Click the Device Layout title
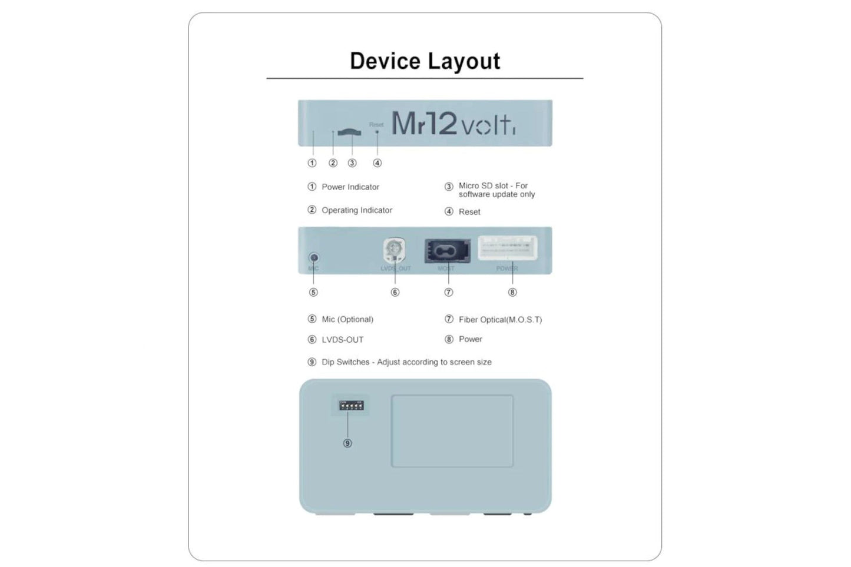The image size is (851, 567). (x=425, y=61)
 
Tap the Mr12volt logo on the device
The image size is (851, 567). (x=453, y=124)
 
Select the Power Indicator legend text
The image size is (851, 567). (x=350, y=187)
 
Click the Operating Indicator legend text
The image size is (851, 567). (x=356, y=210)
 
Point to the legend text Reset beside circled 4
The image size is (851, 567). (x=469, y=212)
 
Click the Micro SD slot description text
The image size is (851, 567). (x=496, y=190)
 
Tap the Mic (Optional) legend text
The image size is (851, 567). (x=347, y=319)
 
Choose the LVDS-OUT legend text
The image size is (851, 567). (x=342, y=340)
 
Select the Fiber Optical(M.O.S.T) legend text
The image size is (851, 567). (x=500, y=320)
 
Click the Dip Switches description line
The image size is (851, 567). (x=406, y=362)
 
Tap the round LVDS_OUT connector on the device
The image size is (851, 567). (x=394, y=250)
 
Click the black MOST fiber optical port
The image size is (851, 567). (x=447, y=250)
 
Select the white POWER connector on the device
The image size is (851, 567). (x=508, y=248)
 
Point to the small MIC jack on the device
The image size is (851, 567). (x=314, y=258)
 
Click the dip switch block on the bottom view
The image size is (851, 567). (x=350, y=405)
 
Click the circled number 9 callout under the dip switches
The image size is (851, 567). (x=347, y=443)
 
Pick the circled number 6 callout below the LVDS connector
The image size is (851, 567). (x=395, y=293)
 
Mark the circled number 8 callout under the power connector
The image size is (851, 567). (x=512, y=293)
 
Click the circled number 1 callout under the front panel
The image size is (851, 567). (x=312, y=163)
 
